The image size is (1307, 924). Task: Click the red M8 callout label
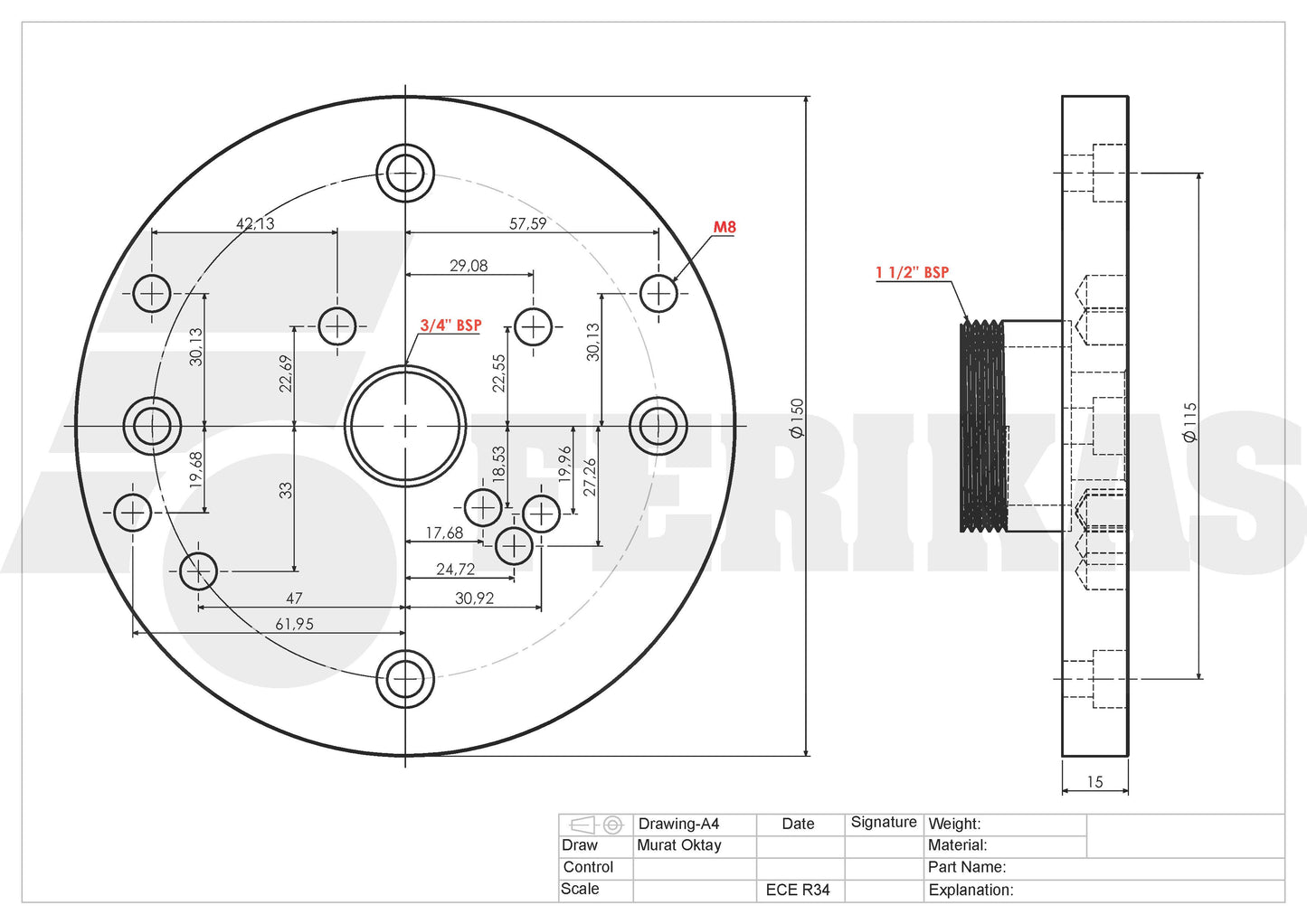tap(725, 227)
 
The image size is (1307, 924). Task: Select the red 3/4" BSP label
tap(450, 325)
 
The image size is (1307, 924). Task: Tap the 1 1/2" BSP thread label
tap(912, 272)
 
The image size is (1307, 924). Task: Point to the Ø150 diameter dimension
tap(797, 419)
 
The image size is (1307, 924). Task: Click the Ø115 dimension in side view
tap(1189, 422)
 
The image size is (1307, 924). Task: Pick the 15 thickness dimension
tap(1094, 782)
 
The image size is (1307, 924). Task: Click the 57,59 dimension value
tap(527, 223)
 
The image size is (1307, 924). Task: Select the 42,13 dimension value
tap(255, 223)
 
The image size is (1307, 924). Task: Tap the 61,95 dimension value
tap(294, 624)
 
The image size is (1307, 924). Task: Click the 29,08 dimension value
tap(469, 266)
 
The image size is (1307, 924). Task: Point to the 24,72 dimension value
tap(455, 569)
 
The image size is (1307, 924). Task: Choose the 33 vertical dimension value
tap(286, 490)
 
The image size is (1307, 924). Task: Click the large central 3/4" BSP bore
tap(405, 426)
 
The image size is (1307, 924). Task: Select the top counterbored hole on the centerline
tap(405, 173)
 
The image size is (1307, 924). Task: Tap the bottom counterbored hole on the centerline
tap(405, 678)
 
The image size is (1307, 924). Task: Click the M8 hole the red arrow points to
tap(658, 293)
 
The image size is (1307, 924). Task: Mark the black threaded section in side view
tap(982, 426)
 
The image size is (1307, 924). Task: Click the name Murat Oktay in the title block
tap(679, 845)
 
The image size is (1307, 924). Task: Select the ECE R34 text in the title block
tap(797, 890)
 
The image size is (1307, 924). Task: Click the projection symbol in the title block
tap(596, 825)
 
